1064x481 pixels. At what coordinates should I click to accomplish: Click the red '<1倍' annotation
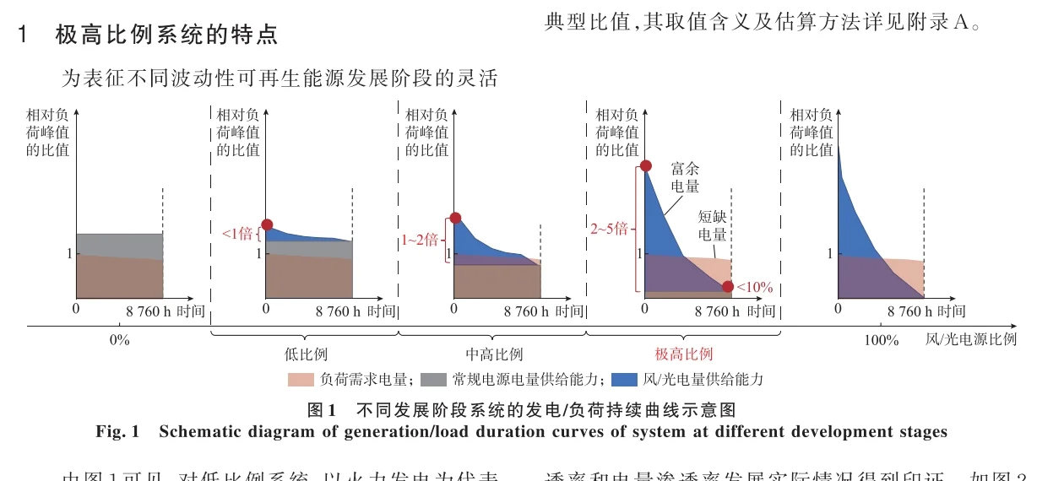(x=237, y=234)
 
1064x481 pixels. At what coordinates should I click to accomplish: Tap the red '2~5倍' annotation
(x=609, y=229)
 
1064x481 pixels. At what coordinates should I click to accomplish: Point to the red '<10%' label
(x=754, y=287)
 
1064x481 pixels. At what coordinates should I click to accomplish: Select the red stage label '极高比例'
(x=683, y=354)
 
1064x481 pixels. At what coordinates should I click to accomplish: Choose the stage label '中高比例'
(x=494, y=354)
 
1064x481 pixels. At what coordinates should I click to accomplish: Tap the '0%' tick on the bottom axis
(x=119, y=340)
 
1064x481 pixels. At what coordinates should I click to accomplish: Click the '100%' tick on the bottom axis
(x=882, y=340)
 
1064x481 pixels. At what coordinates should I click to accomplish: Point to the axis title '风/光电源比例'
(x=971, y=340)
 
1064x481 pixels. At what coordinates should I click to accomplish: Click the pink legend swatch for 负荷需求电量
(x=301, y=380)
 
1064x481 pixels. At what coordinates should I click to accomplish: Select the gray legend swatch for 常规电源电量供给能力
(x=433, y=380)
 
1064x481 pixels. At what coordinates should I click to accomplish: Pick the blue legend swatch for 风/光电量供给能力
(x=627, y=380)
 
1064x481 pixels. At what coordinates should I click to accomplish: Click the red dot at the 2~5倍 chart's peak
(x=645, y=166)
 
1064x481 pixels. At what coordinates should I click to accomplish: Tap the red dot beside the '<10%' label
(x=728, y=287)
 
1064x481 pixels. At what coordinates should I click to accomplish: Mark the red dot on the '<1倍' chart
(x=267, y=224)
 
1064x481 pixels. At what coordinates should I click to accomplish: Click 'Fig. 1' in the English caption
(x=117, y=432)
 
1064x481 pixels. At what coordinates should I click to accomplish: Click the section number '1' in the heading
(x=24, y=35)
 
